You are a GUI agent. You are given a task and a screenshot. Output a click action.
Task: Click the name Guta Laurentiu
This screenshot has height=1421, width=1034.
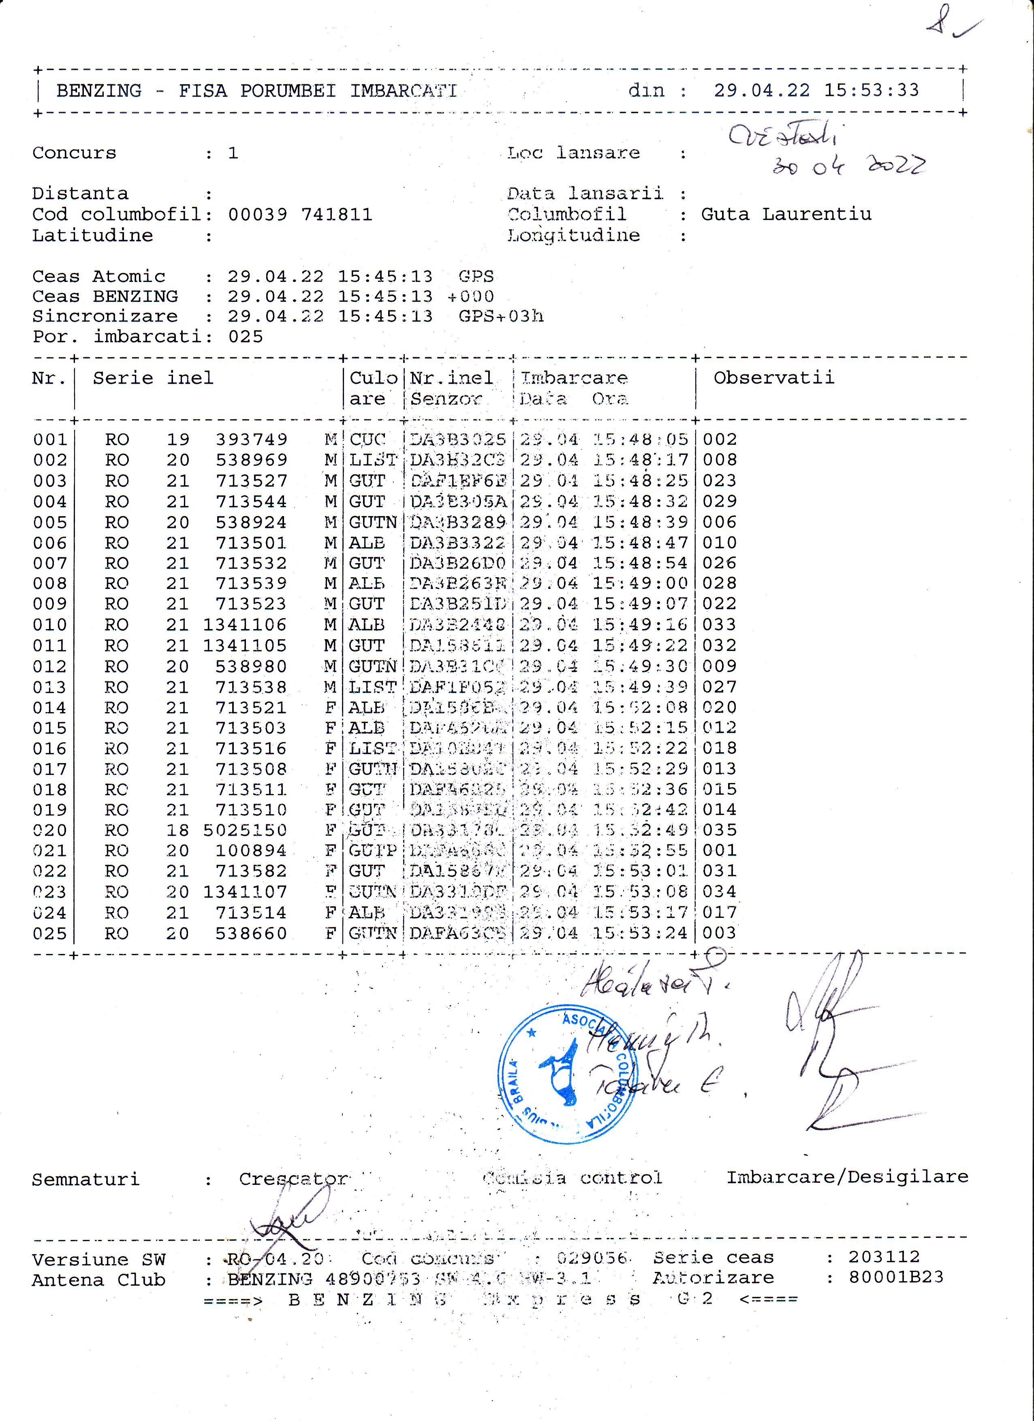pyautogui.click(x=786, y=214)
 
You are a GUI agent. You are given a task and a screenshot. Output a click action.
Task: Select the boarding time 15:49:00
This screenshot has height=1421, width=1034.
pyautogui.click(x=640, y=583)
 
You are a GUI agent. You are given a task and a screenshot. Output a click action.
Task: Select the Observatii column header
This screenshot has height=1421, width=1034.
pyautogui.click(x=773, y=378)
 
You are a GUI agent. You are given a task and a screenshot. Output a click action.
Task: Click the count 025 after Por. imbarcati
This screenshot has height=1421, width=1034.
pyautogui.click(x=245, y=337)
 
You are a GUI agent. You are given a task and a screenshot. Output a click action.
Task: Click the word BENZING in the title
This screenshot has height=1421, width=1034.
pyautogui.click(x=99, y=91)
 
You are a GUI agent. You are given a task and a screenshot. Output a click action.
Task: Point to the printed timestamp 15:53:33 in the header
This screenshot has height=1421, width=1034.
pyautogui.click(x=871, y=90)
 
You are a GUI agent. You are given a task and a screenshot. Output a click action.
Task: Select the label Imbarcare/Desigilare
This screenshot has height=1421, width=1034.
pyautogui.click(x=847, y=1177)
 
